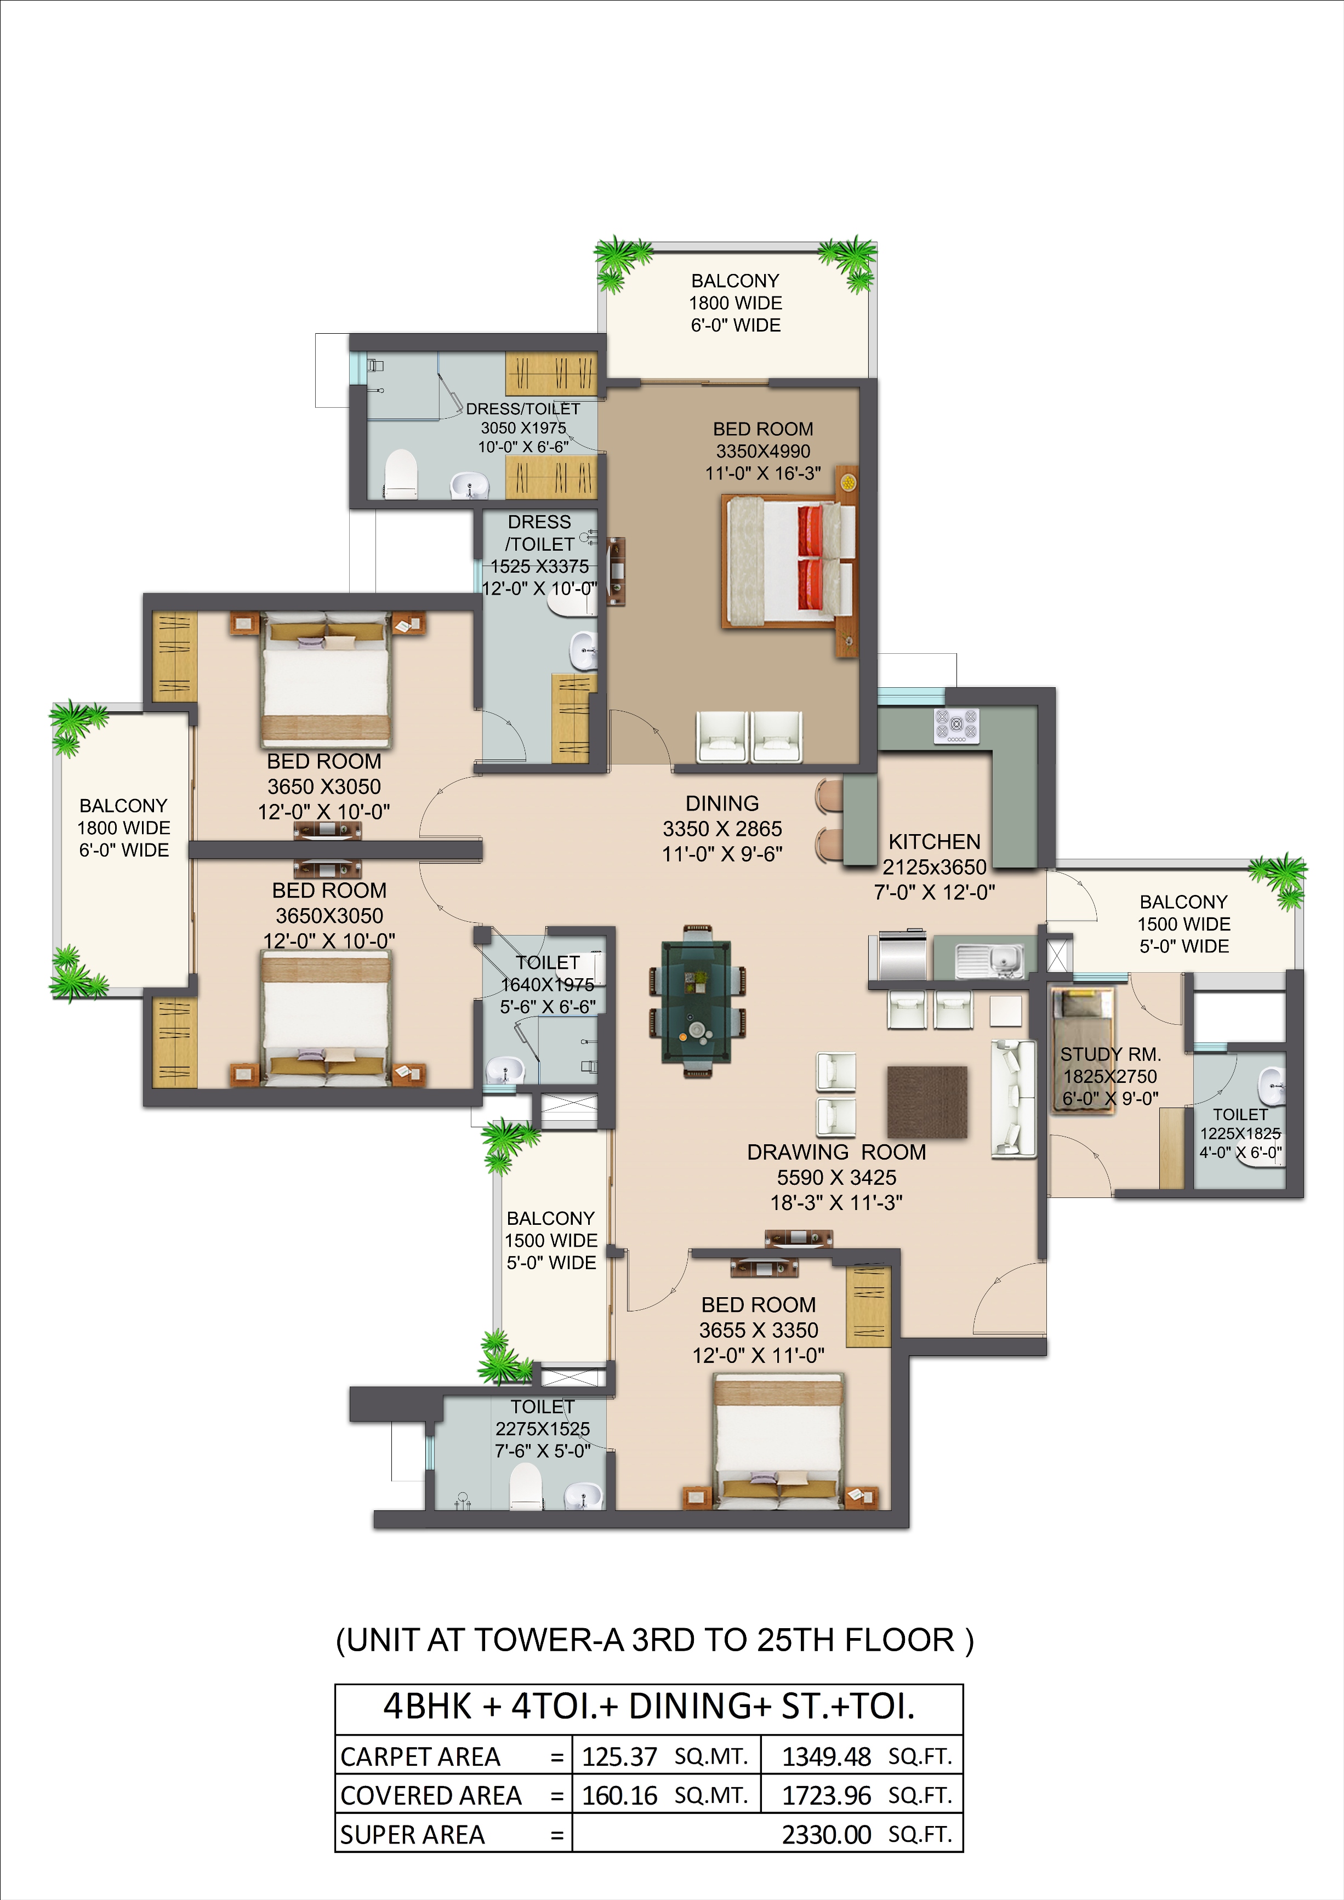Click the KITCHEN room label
point(935,842)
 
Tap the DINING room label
point(722,803)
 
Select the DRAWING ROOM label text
point(836,1152)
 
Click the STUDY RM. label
point(1110,1054)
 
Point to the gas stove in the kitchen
point(956,726)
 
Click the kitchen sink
point(990,960)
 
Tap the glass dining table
point(696,1001)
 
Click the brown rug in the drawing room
point(927,1102)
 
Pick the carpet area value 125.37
point(619,1756)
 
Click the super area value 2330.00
point(826,1835)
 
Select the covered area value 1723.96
point(826,1795)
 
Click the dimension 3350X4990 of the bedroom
point(763,451)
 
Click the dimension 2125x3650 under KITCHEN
point(935,867)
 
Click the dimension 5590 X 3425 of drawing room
point(836,1178)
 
